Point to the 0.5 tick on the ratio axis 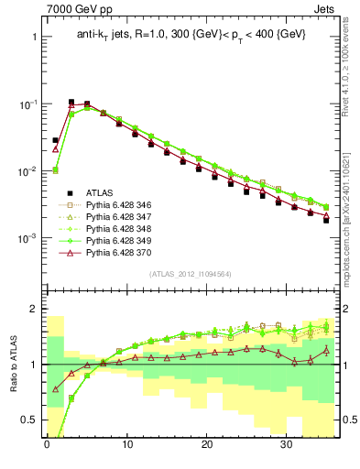(30, 420)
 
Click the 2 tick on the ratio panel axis (35, 309)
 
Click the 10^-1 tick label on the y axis (27, 104)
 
